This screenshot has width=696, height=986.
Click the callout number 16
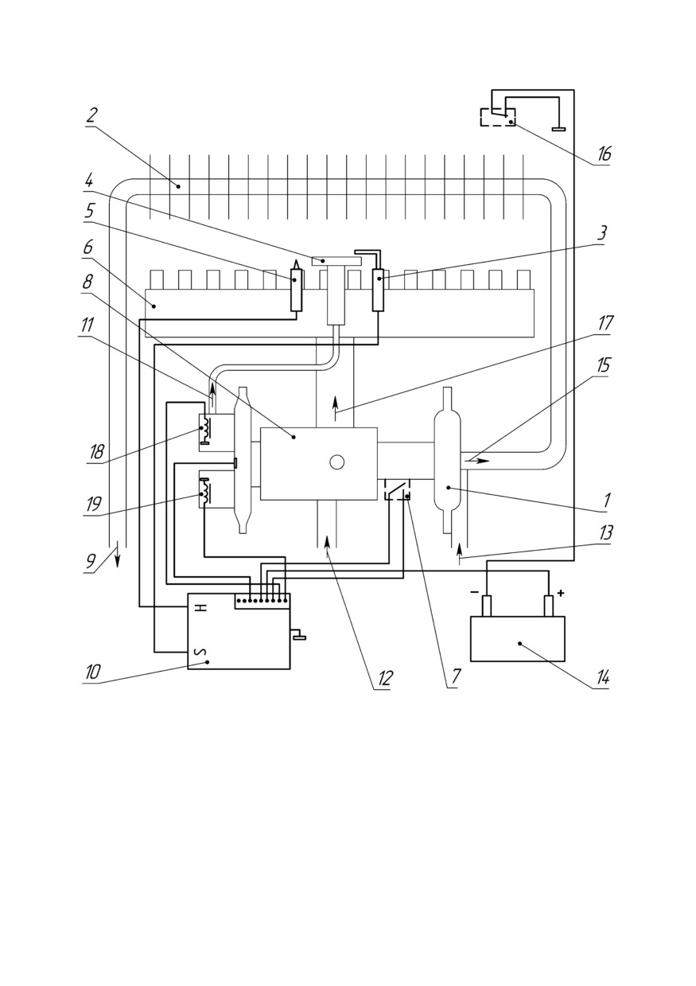604,154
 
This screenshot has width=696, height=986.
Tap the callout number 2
91,115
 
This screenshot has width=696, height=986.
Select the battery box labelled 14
517,638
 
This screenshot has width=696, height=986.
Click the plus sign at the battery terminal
560,593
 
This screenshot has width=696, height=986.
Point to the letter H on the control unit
202,607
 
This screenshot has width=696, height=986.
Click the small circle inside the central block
336,462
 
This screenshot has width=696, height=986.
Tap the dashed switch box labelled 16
498,117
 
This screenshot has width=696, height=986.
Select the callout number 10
94,672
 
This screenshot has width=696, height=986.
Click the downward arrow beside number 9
118,555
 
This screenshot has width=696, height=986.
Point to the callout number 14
602,678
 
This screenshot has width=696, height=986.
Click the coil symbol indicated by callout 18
206,429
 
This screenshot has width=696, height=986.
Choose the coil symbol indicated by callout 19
205,489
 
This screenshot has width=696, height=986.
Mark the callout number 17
605,324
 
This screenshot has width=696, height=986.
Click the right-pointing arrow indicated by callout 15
477,461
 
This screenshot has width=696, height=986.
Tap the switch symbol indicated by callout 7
398,489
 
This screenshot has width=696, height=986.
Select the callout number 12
384,678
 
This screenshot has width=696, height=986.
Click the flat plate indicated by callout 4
336,261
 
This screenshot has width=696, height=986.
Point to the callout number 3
601,232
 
